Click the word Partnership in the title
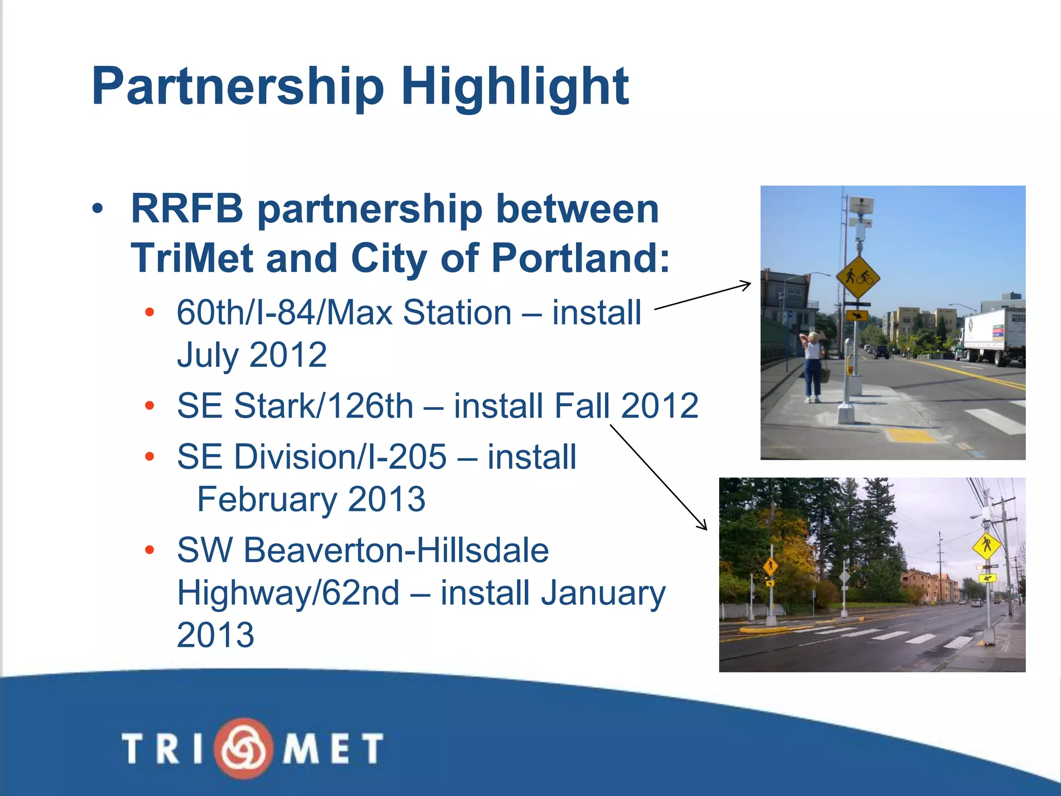click(x=238, y=87)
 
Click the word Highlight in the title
click(x=515, y=87)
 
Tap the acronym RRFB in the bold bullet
click(x=187, y=209)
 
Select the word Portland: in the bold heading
click(x=580, y=258)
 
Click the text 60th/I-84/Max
click(x=284, y=312)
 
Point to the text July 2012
click(x=252, y=355)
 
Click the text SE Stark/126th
click(x=295, y=405)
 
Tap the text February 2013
click(x=311, y=499)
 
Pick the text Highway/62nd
click(x=289, y=592)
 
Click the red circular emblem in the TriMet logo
click(x=243, y=748)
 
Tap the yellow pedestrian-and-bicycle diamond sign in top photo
click(x=857, y=277)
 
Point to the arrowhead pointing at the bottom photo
click(x=703, y=525)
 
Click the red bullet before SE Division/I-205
click(x=150, y=457)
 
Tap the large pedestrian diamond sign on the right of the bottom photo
click(x=986, y=546)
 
